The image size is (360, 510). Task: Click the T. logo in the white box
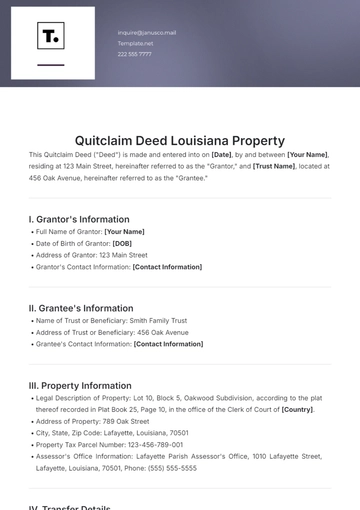(50, 38)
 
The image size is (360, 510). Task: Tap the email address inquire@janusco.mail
(146, 33)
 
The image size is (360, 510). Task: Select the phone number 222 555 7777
(135, 54)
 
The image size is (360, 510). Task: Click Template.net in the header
(135, 44)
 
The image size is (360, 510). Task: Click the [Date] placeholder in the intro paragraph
(221, 155)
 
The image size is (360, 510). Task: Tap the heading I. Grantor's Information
(80, 218)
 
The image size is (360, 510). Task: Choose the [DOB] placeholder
(122, 243)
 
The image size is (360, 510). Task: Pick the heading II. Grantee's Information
(80, 308)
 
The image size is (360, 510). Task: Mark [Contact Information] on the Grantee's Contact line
(168, 344)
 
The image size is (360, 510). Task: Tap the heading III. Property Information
(80, 385)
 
